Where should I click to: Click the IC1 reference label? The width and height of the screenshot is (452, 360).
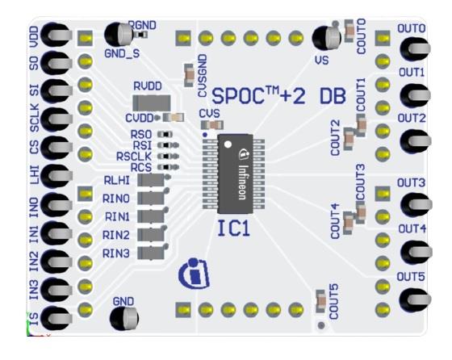[235, 230]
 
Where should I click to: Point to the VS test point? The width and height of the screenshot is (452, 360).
[324, 39]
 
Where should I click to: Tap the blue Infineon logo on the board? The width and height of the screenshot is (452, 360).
[191, 272]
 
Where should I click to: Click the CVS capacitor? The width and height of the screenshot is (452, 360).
[212, 125]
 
